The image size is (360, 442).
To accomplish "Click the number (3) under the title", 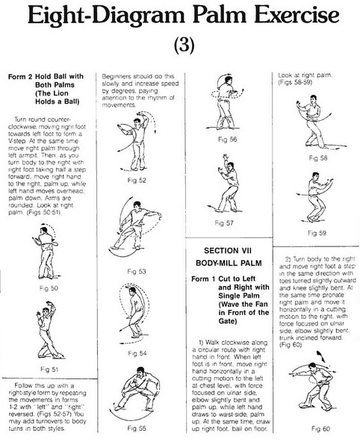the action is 184,44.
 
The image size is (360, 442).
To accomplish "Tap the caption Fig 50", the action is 49,288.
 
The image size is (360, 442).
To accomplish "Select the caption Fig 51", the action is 49,369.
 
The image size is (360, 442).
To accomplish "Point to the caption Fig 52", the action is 137,180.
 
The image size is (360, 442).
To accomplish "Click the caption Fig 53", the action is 137,271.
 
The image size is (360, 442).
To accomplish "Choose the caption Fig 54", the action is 137,353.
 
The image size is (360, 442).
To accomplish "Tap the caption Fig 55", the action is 137,428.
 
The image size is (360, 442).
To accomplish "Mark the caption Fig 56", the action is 228,140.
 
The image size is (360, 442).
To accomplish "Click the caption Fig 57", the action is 224,222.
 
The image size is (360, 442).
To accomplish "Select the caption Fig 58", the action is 318,158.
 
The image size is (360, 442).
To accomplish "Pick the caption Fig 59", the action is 317,233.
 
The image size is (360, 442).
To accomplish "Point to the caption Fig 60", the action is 321,429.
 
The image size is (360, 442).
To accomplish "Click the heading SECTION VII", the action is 228,251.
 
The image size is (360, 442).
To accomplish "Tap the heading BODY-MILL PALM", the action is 229,263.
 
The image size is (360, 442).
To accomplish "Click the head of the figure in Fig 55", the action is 140,371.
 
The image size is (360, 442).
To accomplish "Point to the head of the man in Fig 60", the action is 311,367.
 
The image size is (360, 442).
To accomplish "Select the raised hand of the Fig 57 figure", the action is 225,157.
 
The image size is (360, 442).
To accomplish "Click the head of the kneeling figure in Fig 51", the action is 46,311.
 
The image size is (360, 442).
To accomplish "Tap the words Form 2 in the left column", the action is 20,77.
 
